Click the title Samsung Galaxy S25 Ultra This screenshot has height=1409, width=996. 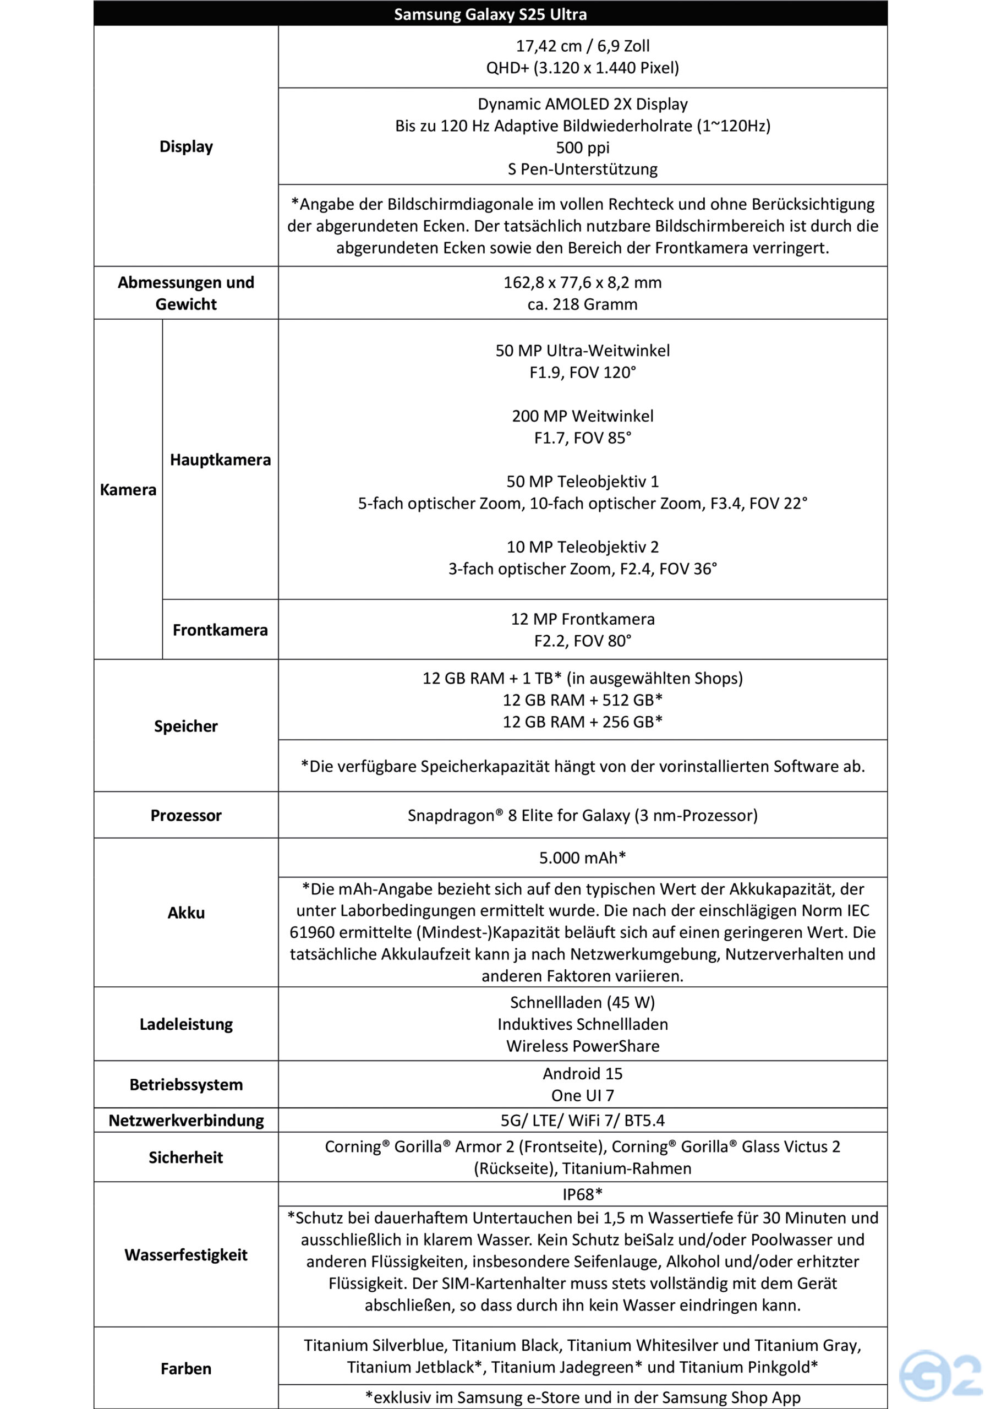[490, 14]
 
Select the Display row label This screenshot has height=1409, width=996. [186, 146]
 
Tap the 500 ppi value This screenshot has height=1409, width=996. [582, 148]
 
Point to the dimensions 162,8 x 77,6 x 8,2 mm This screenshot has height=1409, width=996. [582, 283]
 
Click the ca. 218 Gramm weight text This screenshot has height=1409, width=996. [582, 304]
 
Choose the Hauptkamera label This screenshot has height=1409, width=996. [220, 460]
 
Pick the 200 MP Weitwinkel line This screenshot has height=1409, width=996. [582, 416]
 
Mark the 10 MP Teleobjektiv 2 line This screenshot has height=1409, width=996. [582, 547]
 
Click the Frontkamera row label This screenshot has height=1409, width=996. [220, 630]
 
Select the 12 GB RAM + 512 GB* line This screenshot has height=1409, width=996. [582, 700]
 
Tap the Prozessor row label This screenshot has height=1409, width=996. [186, 816]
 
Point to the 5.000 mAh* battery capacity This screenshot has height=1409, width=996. [582, 858]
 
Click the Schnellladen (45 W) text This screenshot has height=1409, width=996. [582, 1003]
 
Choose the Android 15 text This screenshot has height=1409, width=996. [582, 1074]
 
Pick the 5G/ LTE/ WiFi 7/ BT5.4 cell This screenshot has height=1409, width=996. [582, 1121]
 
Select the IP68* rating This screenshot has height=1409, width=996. [582, 1194]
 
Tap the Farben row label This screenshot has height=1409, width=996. [186, 1368]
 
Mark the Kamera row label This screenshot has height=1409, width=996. [128, 490]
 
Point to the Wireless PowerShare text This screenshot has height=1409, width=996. [582, 1046]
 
